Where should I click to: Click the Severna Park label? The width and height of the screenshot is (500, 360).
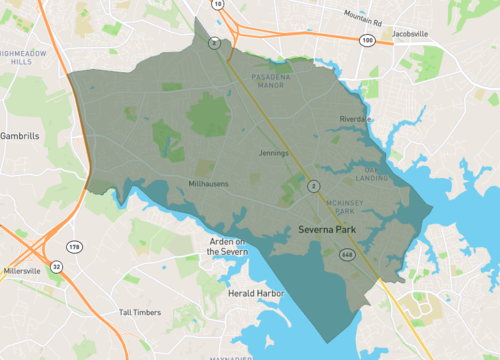click(329, 230)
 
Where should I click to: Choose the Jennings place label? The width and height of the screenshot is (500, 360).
click(272, 153)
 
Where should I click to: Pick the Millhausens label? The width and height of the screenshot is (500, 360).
click(211, 183)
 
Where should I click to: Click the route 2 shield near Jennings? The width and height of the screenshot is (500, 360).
click(313, 185)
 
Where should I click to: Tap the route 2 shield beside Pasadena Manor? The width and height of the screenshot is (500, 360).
click(214, 43)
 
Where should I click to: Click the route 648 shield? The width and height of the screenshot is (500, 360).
click(347, 255)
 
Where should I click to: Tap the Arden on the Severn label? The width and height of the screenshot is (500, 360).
click(227, 247)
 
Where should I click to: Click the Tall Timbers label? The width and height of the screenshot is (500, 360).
click(139, 312)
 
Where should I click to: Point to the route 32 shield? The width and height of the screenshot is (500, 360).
click(56, 267)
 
